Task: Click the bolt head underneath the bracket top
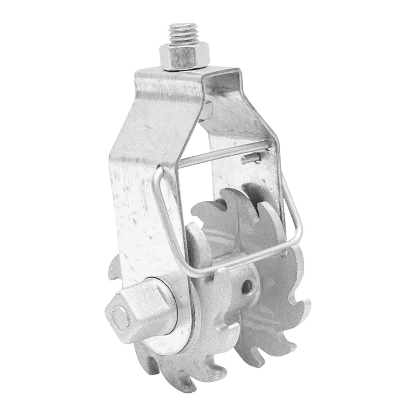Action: (207, 110)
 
